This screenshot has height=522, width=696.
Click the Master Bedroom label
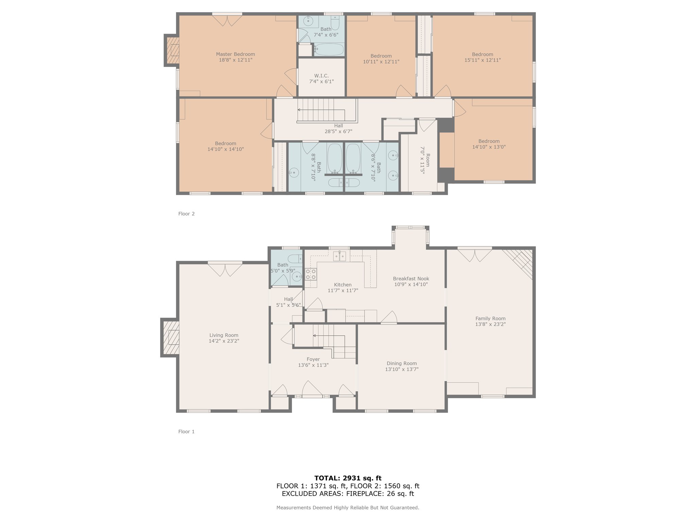pos(236,54)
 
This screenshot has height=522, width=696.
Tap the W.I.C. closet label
pos(321,76)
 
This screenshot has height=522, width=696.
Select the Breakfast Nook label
pos(411,279)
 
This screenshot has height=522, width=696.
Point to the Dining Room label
pos(402,363)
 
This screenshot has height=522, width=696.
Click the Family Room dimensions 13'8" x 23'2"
pos(490,324)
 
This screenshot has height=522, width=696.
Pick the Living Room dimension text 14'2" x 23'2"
pos(224,341)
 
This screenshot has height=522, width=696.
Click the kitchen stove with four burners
pos(311,274)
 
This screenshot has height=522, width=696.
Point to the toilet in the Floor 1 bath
pos(295,259)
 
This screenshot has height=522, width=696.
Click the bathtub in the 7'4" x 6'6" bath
pos(329,50)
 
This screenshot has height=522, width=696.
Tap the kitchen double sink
pos(340,256)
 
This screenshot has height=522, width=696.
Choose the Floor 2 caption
pos(187,214)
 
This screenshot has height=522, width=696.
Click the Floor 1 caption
pos(187,432)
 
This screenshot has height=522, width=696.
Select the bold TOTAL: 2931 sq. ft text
pos(348,478)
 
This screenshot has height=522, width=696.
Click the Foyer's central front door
pos(312,389)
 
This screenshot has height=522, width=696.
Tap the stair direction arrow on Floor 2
pos(321,110)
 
